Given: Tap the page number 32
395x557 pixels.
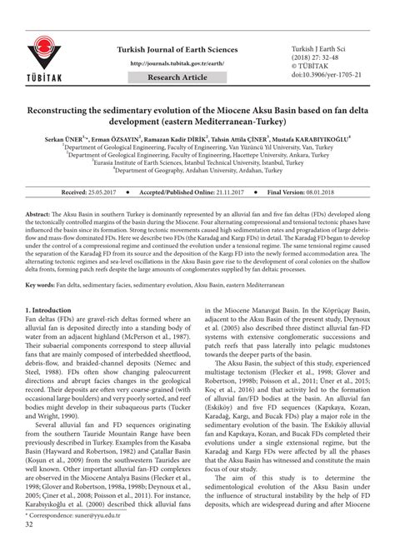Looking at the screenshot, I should click(30, 547).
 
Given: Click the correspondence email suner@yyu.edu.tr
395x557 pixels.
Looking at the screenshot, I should click(92, 538).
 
